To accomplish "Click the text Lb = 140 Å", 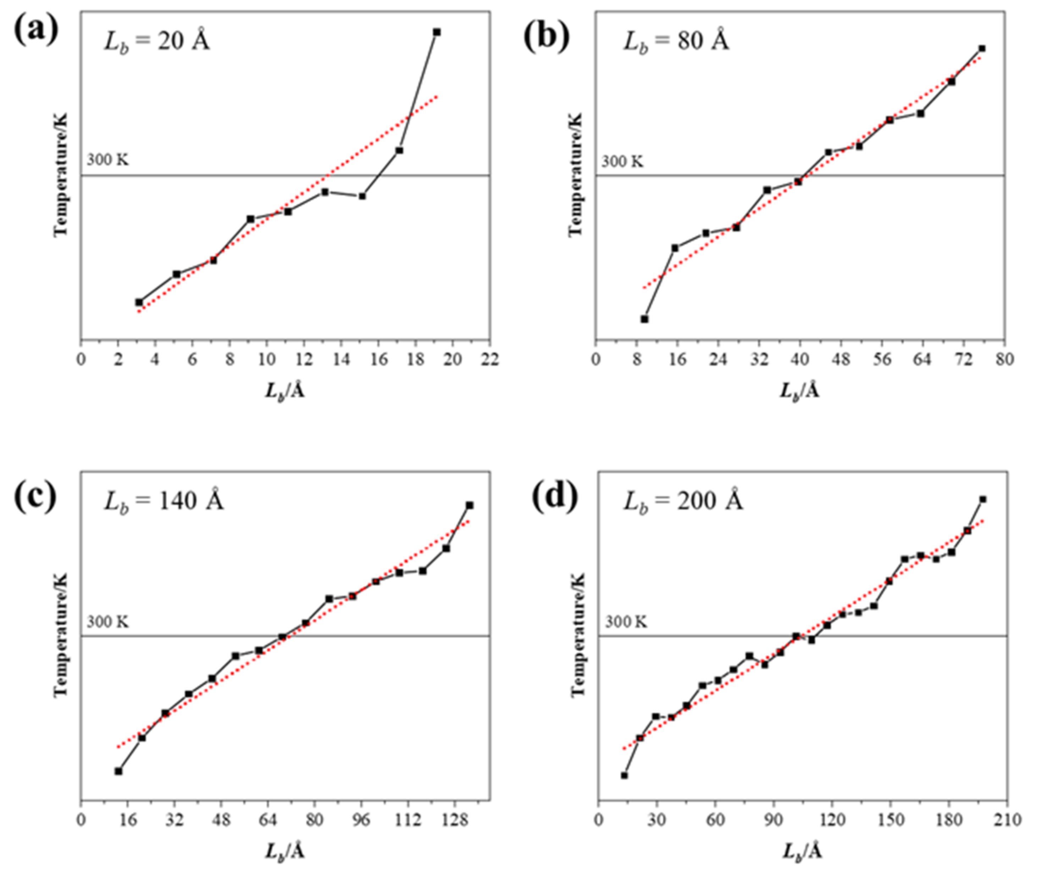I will [x=164, y=501].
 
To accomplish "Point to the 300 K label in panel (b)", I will [x=622, y=162].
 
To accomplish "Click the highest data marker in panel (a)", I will [x=436, y=32].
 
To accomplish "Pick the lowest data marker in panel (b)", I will [x=645, y=319].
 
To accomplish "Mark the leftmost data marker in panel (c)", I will [x=119, y=771].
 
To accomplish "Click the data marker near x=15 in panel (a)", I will [x=362, y=196].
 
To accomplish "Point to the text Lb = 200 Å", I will [x=683, y=501].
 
